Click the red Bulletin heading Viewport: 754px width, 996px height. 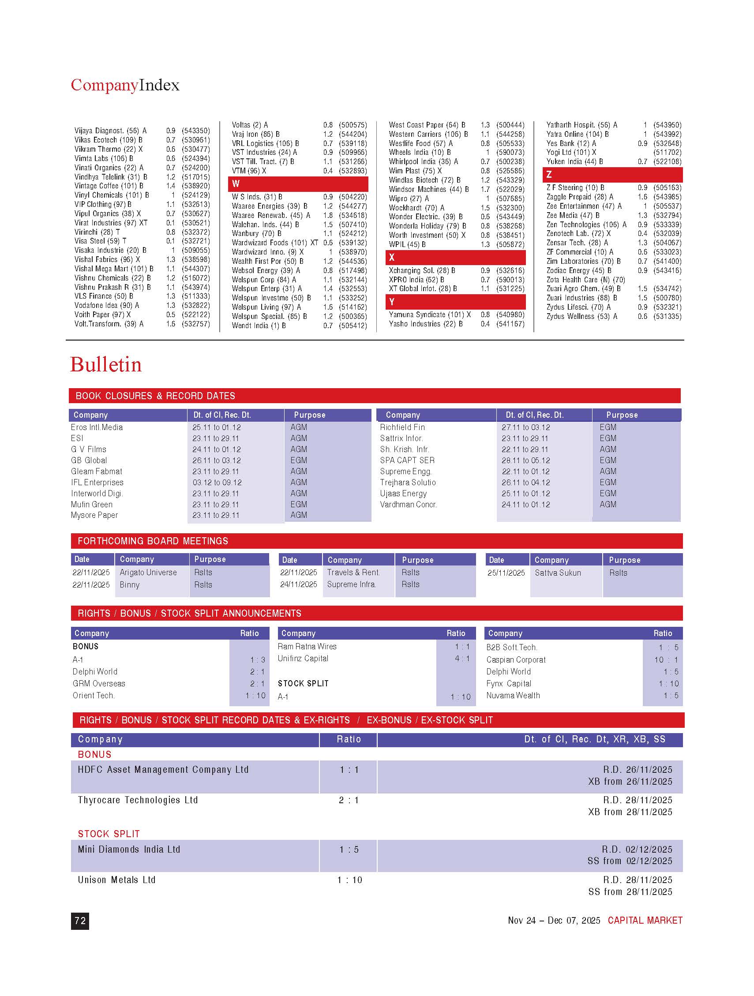click(106, 365)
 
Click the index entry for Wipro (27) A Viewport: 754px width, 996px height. click(409, 198)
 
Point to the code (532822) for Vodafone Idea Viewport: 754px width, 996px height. click(195, 305)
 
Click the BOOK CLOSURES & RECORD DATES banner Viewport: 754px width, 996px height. click(155, 396)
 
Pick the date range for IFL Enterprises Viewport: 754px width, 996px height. click(217, 482)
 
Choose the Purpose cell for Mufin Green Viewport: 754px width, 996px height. click(299, 504)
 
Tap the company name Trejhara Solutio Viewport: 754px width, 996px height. click(408, 482)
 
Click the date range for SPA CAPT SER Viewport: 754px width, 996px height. click(525, 460)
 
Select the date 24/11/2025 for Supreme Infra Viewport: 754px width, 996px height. click(298, 584)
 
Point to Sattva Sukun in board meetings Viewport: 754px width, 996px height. click(558, 573)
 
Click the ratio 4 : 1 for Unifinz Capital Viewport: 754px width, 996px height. click(461, 658)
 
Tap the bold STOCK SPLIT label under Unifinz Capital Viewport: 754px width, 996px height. click(303, 684)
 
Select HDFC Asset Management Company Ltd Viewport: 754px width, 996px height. click(163, 770)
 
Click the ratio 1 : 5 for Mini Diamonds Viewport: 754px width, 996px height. click(349, 849)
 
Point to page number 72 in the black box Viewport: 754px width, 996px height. click(80, 921)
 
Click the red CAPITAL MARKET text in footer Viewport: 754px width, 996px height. click(645, 921)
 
